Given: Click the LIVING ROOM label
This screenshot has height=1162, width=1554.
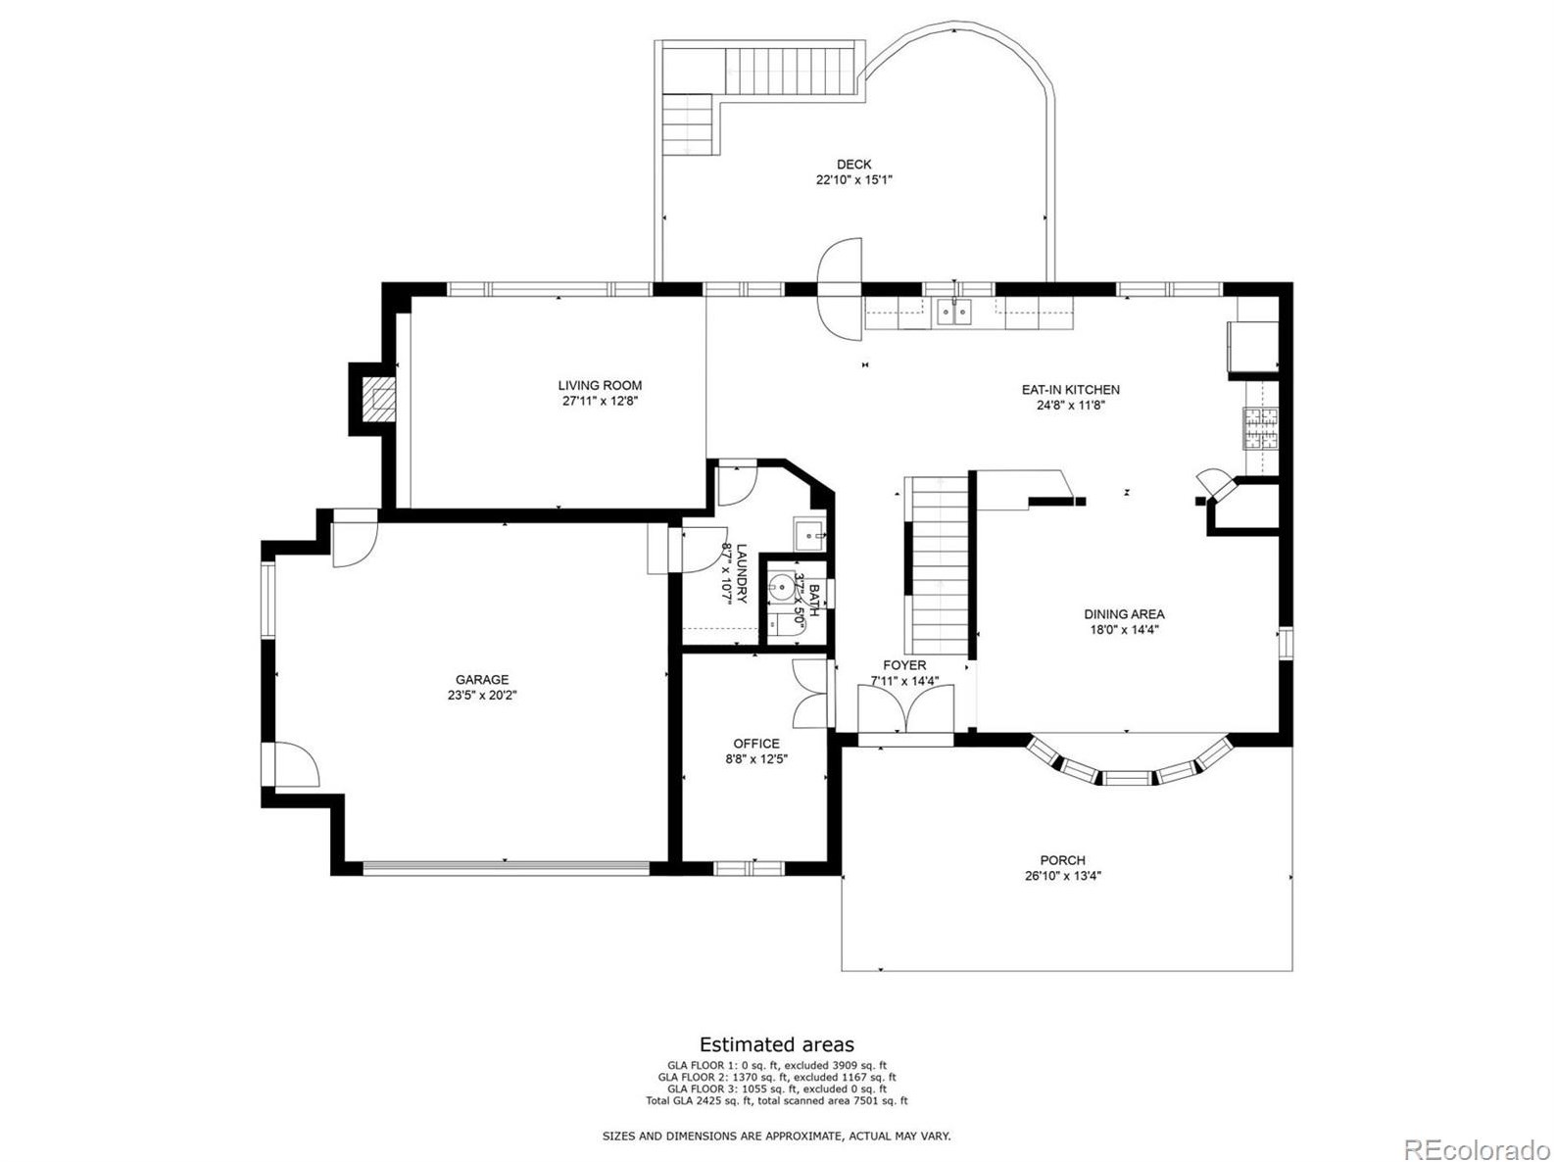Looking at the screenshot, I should click(x=600, y=385).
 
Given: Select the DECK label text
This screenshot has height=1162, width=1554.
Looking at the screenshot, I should click(x=853, y=165).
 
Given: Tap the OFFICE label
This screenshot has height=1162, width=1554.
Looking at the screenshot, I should click(x=756, y=744).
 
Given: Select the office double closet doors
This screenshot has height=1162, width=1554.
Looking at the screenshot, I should click(x=810, y=692).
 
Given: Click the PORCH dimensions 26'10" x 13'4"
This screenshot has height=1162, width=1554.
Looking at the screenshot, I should click(x=1063, y=877).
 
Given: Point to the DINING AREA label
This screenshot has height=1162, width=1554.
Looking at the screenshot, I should click(x=1124, y=614).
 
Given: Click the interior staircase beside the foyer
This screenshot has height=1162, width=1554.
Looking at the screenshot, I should click(x=939, y=563).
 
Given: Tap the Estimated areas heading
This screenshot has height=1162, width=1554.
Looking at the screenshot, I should click(x=776, y=1044).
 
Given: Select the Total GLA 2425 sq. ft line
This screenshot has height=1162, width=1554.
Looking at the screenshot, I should click(x=776, y=1100).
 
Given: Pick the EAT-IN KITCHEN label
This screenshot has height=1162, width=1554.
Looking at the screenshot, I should click(x=1070, y=389).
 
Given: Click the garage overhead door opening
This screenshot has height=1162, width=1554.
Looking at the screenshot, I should click(x=505, y=868).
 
